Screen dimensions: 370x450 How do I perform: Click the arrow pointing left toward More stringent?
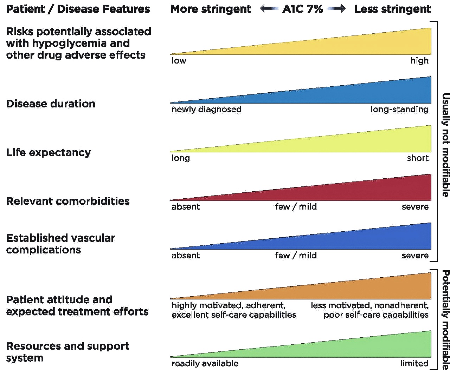pyautogui.click(x=269, y=9)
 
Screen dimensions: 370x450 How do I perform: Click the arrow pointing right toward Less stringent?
pyautogui.click(x=336, y=9)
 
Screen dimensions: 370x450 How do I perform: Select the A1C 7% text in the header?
pyautogui.click(x=303, y=9)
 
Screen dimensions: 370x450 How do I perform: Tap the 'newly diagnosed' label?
pyautogui.click(x=206, y=110)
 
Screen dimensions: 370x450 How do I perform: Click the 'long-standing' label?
pyautogui.click(x=399, y=110)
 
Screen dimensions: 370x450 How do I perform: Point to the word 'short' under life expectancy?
pyautogui.click(x=418, y=158)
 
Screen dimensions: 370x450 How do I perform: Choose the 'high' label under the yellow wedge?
pyautogui.click(x=419, y=61)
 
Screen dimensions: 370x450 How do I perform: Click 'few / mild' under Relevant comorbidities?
pyautogui.click(x=296, y=207)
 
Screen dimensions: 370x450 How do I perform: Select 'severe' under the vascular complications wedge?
pyautogui.click(x=415, y=256)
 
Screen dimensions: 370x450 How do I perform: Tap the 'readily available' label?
pyautogui.click(x=205, y=363)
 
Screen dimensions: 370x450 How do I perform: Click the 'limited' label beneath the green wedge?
pyautogui.click(x=414, y=363)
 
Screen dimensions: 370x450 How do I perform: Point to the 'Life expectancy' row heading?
pyautogui.click(x=49, y=152)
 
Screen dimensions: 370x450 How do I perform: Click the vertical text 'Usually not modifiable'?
pyautogui.click(x=445, y=145)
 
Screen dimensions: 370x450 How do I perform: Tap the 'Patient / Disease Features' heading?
pyautogui.click(x=78, y=9)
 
